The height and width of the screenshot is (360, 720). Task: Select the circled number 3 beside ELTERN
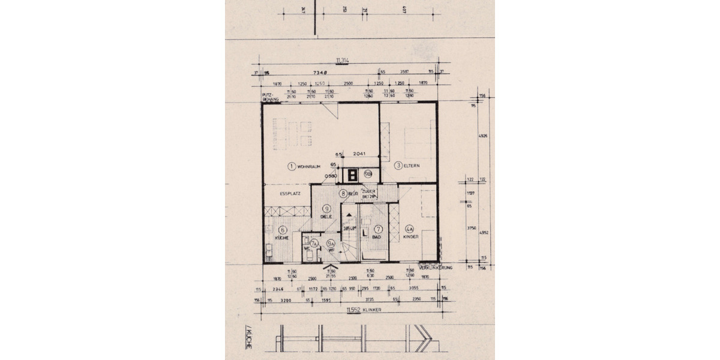(x=397, y=166)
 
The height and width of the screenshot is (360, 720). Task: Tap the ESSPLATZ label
(x=290, y=194)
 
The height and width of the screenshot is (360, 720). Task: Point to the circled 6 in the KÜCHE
(x=273, y=229)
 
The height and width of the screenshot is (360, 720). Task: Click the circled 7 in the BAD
(x=378, y=229)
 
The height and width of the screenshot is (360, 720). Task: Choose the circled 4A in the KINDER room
(x=410, y=229)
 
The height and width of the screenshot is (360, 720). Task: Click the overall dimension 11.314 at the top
(x=344, y=61)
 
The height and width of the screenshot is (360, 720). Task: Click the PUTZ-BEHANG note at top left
(x=267, y=97)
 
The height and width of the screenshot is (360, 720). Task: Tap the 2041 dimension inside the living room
(x=358, y=154)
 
